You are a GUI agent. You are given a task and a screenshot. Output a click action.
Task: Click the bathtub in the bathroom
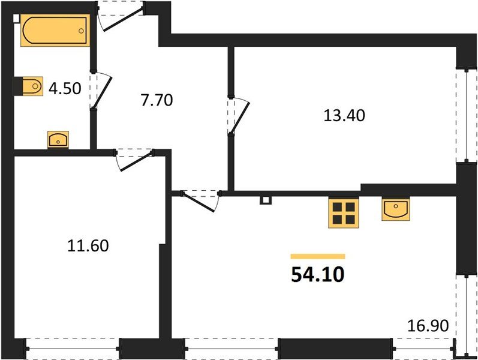[55, 31]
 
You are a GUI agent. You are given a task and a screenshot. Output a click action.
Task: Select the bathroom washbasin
[58, 140]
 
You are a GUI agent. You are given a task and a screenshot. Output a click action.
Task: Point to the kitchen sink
[395, 209]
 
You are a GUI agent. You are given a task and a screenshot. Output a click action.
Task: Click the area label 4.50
[65, 88]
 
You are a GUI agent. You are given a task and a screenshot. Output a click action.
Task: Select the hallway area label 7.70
[156, 100]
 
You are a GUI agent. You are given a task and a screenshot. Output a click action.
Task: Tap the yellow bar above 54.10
[317, 256]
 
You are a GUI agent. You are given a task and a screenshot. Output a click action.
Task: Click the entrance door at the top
[122, 16]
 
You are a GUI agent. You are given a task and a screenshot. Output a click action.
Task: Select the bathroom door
[100, 91]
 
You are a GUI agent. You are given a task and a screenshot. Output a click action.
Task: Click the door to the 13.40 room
[238, 115]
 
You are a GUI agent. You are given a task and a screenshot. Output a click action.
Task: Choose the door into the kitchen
[200, 199]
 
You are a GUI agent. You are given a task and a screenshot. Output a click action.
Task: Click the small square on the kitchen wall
[264, 200]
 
